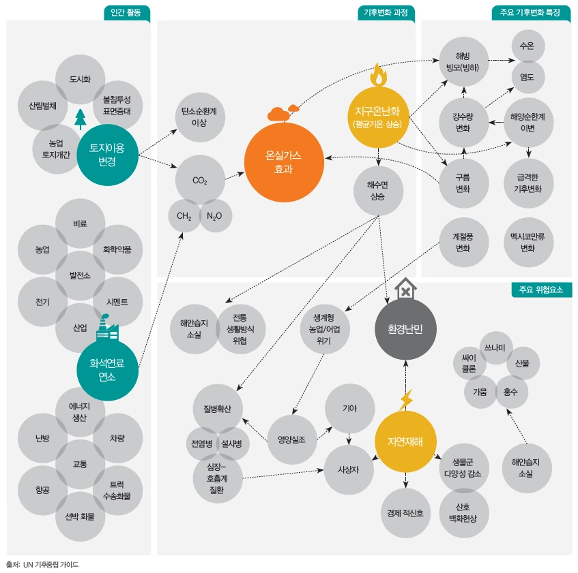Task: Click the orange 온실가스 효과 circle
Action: (x=284, y=162)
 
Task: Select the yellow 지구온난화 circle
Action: (x=378, y=117)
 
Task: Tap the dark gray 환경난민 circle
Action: (x=405, y=328)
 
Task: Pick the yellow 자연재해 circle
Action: (x=405, y=442)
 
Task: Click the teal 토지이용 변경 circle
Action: (x=107, y=155)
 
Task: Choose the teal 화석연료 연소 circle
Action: (x=107, y=370)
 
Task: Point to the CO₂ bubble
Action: (x=200, y=180)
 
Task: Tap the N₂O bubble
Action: (x=215, y=216)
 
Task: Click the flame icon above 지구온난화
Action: (x=379, y=75)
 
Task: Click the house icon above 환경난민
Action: (x=405, y=289)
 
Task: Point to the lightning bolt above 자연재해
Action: (x=406, y=400)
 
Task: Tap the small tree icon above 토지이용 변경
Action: (x=81, y=119)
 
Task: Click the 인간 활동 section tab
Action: (x=127, y=13)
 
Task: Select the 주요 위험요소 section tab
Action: (x=542, y=290)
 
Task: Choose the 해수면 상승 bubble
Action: (x=378, y=191)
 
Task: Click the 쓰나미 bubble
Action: (x=496, y=347)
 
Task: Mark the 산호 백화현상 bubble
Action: (x=464, y=513)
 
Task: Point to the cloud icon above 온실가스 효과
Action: (x=283, y=113)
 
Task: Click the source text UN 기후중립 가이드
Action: (x=51, y=565)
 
